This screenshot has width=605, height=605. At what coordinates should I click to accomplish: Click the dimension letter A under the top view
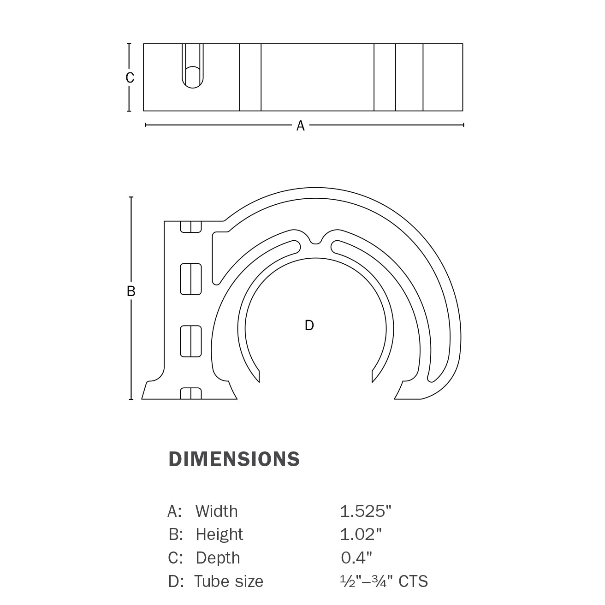point(301,125)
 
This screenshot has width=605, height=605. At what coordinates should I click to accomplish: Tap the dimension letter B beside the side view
point(131,291)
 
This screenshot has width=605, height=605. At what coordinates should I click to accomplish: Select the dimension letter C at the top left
point(130,78)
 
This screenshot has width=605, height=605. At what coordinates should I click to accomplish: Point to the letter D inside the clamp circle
point(309,325)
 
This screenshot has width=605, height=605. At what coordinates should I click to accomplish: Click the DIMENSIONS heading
point(234,459)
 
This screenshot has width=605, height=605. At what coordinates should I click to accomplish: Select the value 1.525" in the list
point(366,511)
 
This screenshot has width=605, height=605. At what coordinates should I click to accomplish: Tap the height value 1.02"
point(361,534)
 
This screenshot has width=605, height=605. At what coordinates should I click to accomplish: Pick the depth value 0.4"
point(356,558)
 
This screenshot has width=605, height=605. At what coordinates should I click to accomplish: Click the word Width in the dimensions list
point(217,511)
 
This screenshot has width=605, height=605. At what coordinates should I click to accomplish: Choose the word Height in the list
point(219,534)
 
